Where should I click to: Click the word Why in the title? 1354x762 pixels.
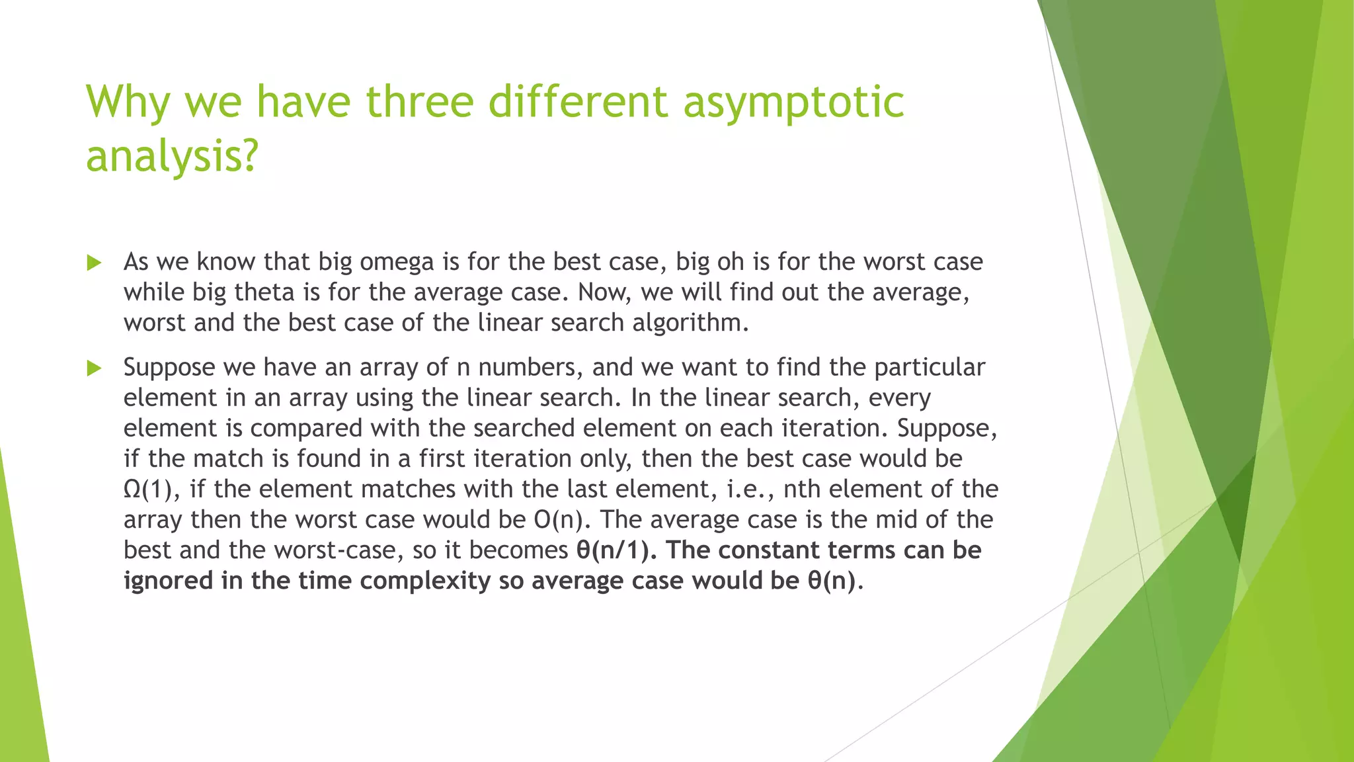coord(128,103)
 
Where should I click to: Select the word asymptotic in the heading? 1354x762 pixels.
coord(793,103)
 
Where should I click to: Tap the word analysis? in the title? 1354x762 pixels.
coord(171,157)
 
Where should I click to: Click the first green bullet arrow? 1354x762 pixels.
coord(94,263)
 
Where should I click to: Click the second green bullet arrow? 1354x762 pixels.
coord(94,368)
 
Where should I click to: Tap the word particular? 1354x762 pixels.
coord(930,367)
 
